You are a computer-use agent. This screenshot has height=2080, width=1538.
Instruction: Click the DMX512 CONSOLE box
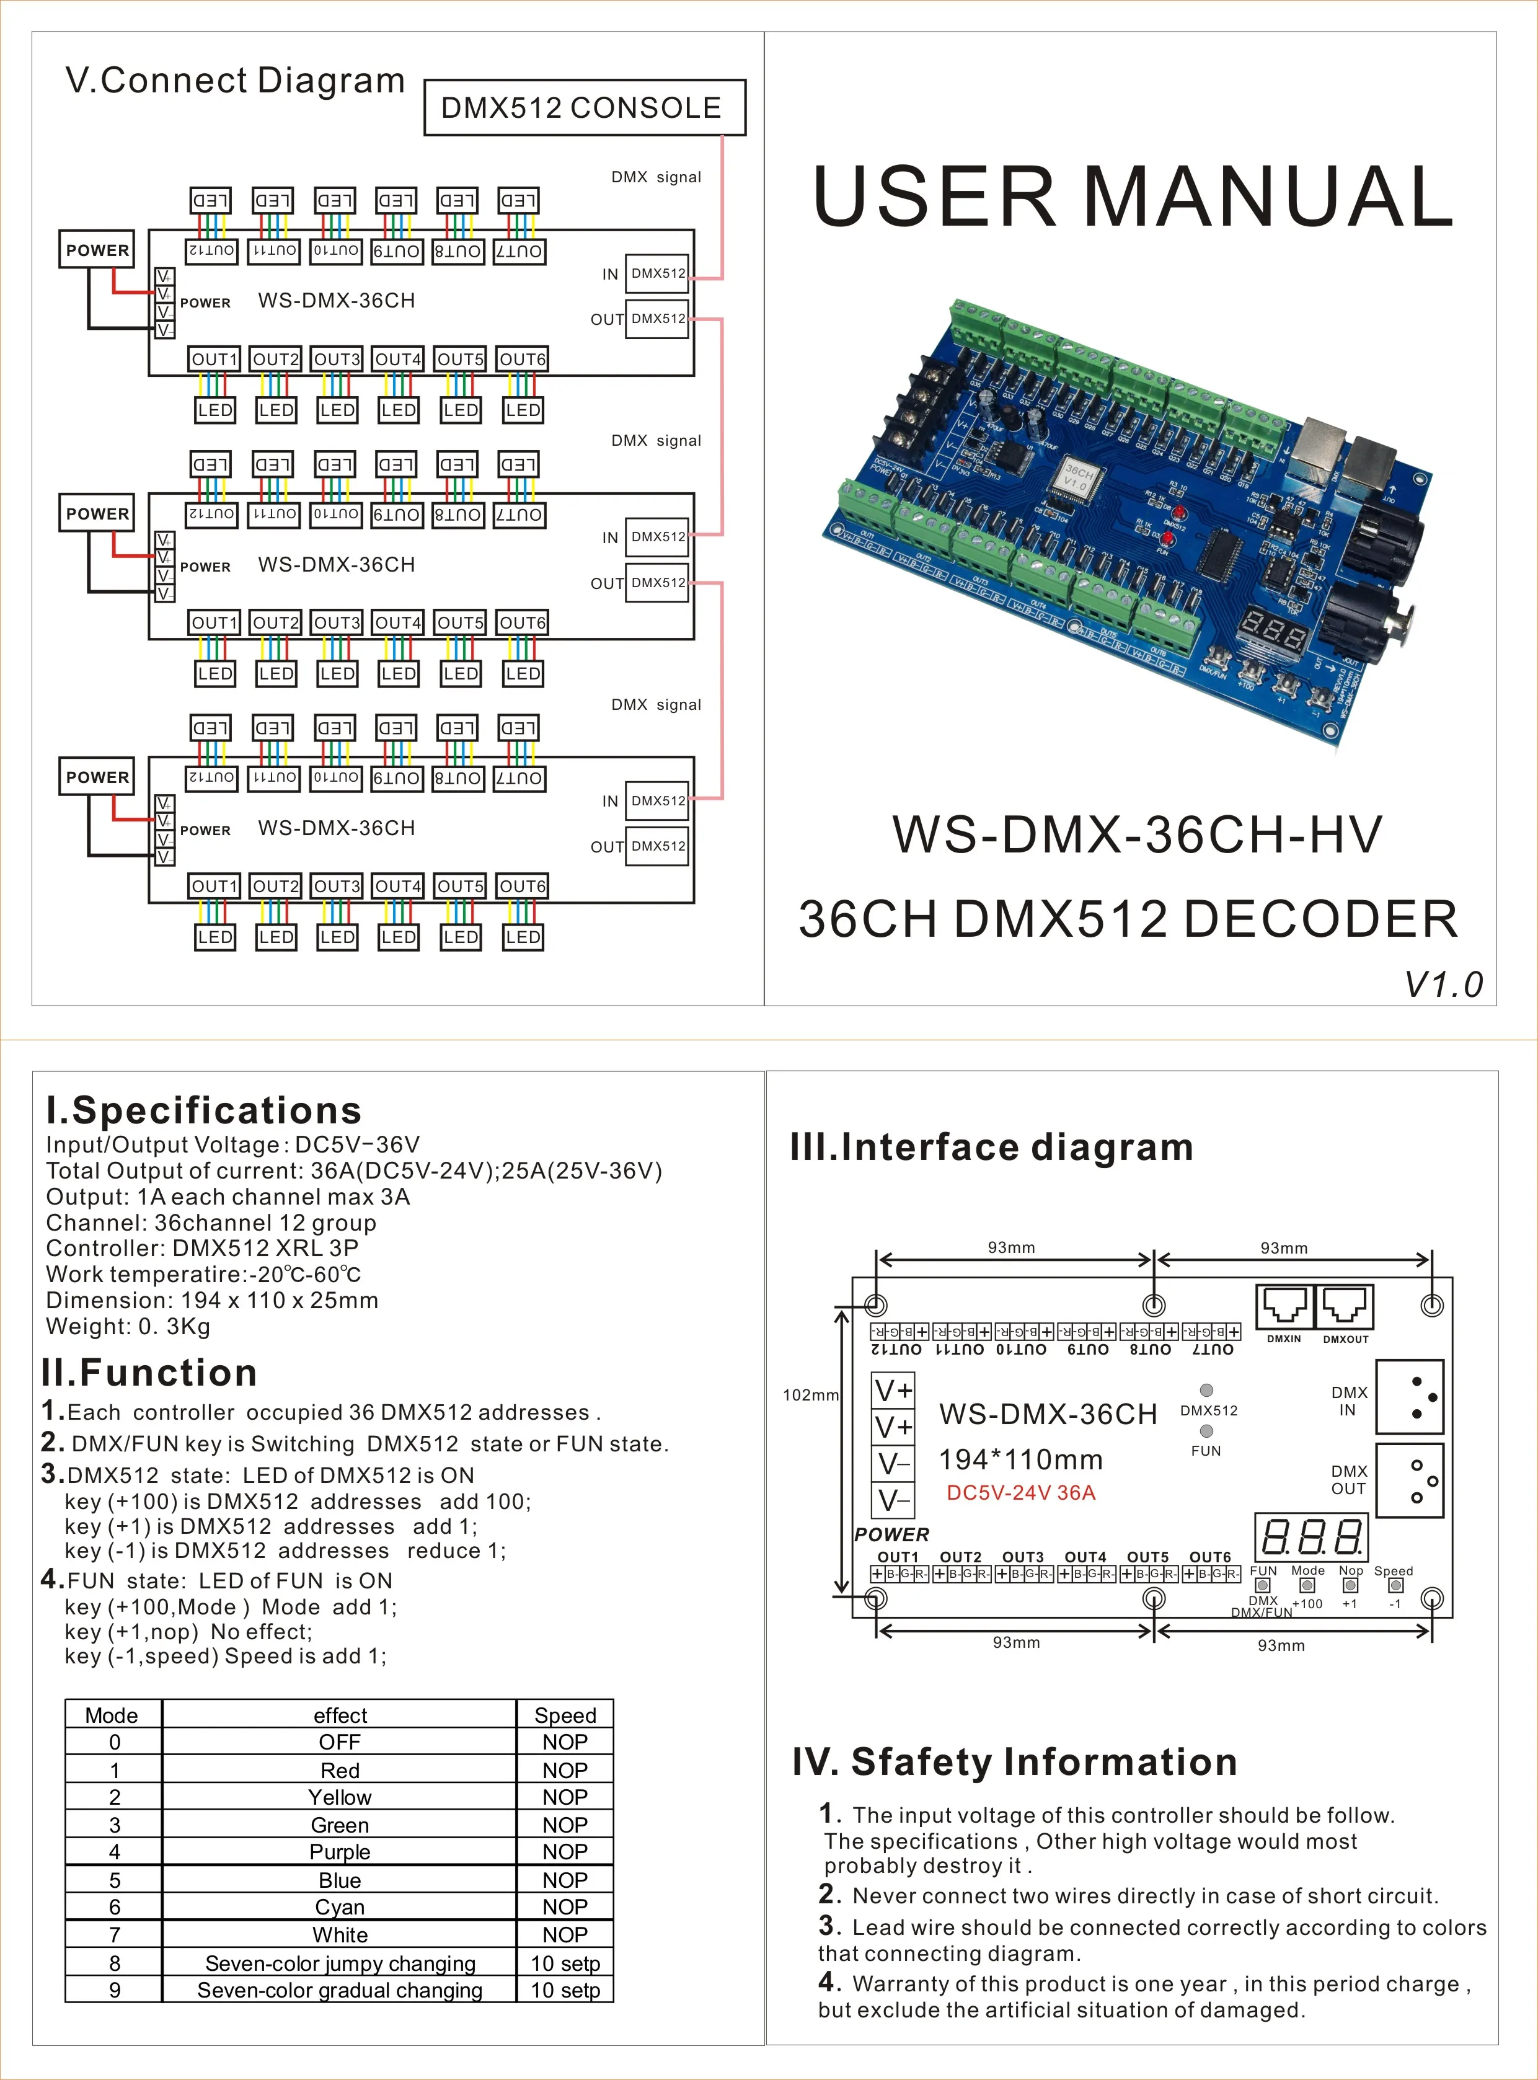(585, 108)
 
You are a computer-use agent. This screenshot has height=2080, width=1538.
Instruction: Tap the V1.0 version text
(1443, 984)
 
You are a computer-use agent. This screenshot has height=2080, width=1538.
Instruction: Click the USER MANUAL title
(1132, 197)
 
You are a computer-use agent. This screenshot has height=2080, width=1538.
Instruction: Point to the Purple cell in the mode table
(340, 1852)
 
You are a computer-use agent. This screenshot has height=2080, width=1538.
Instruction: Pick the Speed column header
(565, 1715)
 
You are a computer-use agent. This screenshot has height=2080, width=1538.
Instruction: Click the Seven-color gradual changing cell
(340, 1989)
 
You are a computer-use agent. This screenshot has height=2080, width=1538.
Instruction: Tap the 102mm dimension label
(810, 1395)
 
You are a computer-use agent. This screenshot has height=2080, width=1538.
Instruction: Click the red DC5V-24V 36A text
(1020, 1492)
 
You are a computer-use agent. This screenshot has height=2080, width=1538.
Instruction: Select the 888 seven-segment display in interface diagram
(1311, 1536)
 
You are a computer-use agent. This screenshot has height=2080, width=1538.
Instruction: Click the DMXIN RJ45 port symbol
(1284, 1308)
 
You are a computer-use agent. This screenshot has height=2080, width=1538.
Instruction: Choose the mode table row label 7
(115, 1935)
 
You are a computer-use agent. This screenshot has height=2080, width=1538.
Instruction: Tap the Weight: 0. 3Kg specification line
(128, 1326)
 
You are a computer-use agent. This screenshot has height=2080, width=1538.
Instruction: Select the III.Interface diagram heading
(991, 1146)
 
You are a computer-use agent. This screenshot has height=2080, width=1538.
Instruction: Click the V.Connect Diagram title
(234, 81)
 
